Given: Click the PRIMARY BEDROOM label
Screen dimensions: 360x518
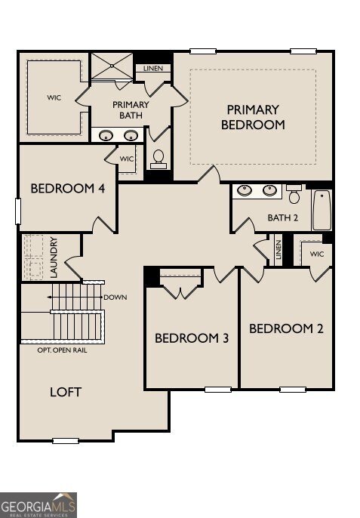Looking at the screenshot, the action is point(253,117).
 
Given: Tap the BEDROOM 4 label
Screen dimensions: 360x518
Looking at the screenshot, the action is point(68,189).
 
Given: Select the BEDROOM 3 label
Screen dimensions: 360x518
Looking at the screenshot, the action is point(192,338).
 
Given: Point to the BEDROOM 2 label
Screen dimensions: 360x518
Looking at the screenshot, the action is point(286,328).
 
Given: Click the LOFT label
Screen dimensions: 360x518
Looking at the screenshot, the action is point(66,392).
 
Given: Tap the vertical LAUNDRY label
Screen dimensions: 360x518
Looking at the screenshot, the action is point(54,257).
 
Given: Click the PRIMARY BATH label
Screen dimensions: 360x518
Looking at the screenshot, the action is point(131,110).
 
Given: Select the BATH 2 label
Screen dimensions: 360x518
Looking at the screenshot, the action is point(283,217).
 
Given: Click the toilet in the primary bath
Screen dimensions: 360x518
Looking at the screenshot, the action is point(158,159).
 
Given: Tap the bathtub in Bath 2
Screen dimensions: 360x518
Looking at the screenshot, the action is point(322,210).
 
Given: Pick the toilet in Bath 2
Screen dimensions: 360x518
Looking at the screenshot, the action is point(294,194).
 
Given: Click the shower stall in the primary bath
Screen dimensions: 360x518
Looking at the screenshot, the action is point(112,66).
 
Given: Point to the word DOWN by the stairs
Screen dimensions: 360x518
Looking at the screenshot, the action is point(115,298).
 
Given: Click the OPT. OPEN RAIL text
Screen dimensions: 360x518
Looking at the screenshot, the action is point(62,350).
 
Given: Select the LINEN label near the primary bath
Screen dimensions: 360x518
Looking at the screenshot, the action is point(153,69).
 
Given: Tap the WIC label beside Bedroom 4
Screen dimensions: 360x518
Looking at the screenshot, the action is point(127,159).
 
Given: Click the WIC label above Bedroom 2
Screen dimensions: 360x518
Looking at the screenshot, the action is point(317,254).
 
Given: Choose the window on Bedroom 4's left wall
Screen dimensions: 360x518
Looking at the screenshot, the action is point(18,211).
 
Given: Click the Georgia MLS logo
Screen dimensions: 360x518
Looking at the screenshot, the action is point(38,505).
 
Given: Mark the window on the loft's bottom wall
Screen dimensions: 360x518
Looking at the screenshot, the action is point(66,441).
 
